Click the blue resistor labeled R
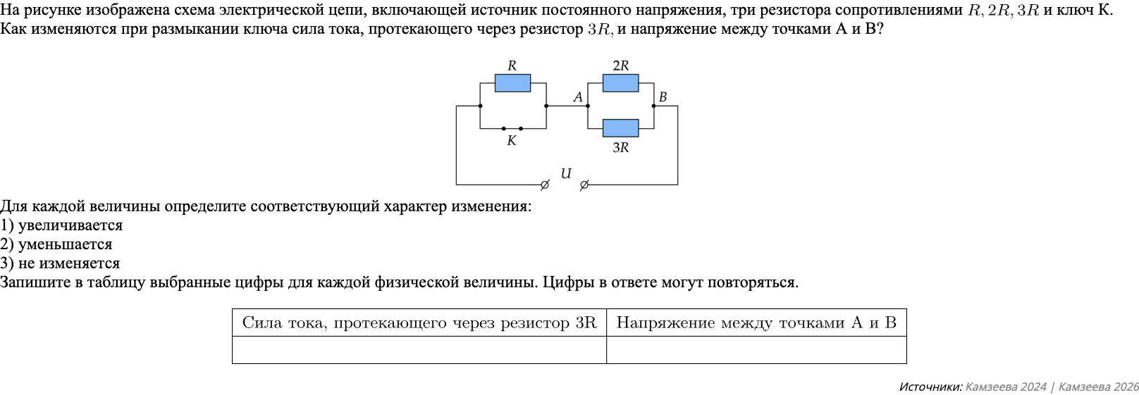coord(512,83)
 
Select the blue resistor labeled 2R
coord(620,83)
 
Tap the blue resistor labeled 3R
coord(620,128)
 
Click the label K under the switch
coord(512,141)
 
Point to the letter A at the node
coord(578,97)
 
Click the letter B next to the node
coord(663,97)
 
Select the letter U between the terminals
coord(565,173)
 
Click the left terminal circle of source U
coord(544,185)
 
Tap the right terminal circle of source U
coord(584,185)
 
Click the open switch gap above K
coord(512,128)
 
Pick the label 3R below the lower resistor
coord(620,148)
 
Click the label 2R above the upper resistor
coord(620,65)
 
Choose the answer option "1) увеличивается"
coord(61,225)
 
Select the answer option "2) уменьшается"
coord(56,244)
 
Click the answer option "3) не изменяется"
coord(60,263)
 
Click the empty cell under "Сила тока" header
coord(419,350)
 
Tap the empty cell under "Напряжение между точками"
coord(756,350)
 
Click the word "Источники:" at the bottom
coord(930,387)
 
